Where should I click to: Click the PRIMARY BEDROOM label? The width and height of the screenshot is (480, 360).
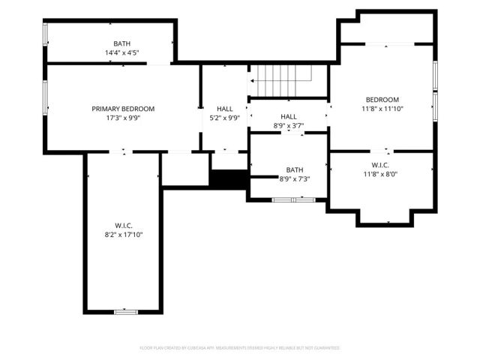point(123,109)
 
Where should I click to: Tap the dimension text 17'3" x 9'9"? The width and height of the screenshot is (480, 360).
point(123,118)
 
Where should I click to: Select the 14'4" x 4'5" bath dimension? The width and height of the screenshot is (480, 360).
point(121,53)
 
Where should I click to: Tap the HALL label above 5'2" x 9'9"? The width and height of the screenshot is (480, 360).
point(224,109)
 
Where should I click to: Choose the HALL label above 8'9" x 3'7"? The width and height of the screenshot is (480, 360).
point(289,117)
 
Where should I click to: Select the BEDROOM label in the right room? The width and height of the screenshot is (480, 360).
point(382,100)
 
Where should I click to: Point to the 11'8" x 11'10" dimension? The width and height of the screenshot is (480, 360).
point(382,109)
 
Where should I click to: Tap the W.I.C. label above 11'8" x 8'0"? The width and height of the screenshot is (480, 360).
point(381,165)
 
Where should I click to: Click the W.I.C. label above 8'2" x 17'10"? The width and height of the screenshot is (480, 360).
point(123,226)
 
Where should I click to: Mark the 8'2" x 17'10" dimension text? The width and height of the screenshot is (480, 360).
point(123,235)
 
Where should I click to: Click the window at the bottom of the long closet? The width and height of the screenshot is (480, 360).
point(125,310)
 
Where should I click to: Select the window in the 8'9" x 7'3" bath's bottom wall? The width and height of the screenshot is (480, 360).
point(293,199)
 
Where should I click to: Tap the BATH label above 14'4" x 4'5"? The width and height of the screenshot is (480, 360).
point(121,44)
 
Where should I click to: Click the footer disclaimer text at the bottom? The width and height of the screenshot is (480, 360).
point(240,348)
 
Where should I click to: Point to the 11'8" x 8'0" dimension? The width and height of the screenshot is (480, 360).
point(381,174)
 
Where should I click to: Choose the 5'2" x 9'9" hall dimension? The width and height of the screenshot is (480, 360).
point(224,118)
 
